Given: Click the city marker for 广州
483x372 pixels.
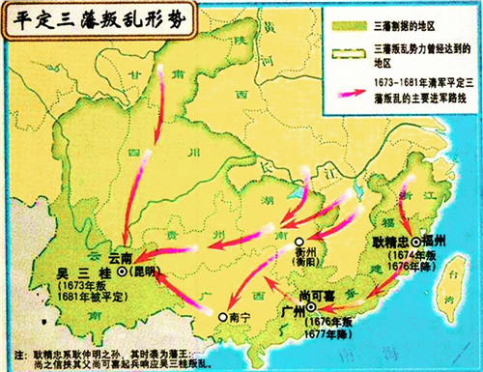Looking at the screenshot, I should click(311, 307).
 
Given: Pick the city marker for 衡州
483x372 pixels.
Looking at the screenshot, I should click(299, 243).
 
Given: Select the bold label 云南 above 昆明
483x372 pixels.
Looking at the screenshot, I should click(122, 259).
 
